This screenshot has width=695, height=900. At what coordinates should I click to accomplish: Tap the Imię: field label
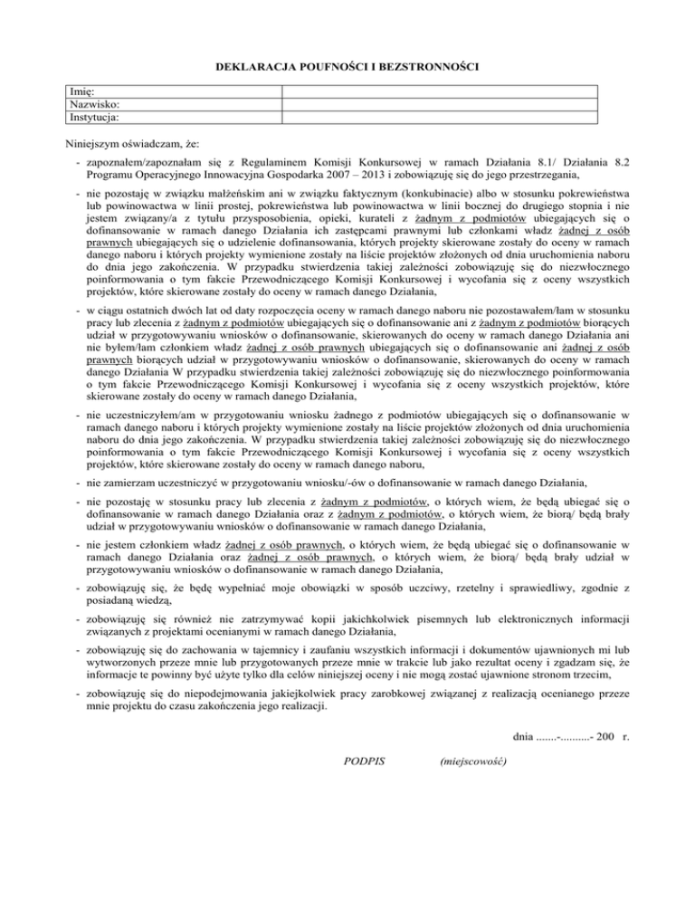(84, 91)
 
